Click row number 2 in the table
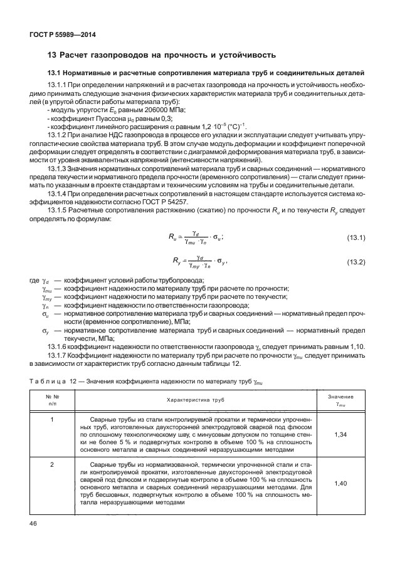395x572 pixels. coord(52,465)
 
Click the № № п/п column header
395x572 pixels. coord(52,398)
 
